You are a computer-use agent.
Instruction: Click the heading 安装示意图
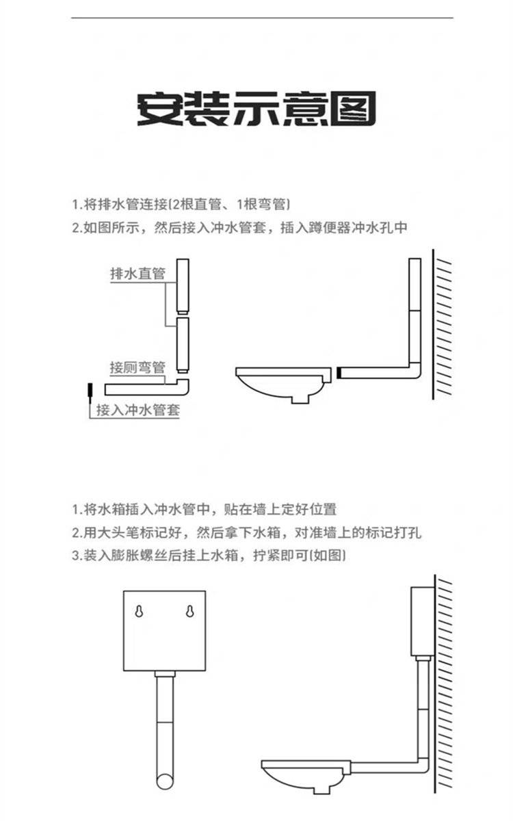pyautogui.click(x=256, y=109)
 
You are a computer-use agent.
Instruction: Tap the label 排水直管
pyautogui.click(x=137, y=274)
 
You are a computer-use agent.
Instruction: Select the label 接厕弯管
pyautogui.click(x=137, y=367)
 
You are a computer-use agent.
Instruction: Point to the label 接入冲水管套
pyautogui.click(x=137, y=410)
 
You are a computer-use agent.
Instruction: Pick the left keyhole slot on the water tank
pyautogui.click(x=140, y=612)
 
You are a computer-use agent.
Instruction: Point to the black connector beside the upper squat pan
pyautogui.click(x=339, y=373)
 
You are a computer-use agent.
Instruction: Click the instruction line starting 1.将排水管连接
pyautogui.click(x=181, y=205)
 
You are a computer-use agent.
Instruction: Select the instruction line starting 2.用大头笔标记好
pyautogui.click(x=246, y=532)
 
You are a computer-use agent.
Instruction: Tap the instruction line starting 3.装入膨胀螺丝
pyautogui.click(x=209, y=555)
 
